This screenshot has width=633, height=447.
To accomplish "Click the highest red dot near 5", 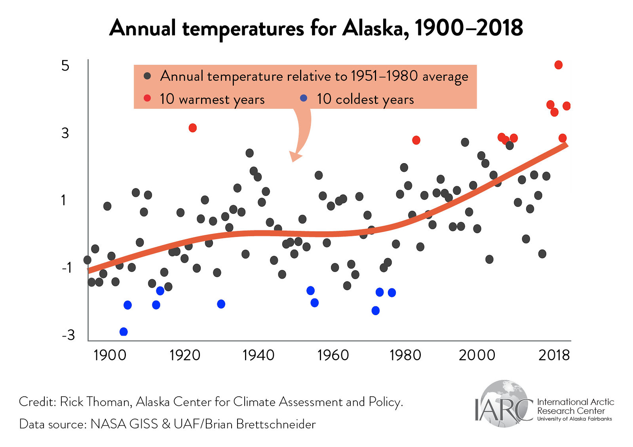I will (558, 65).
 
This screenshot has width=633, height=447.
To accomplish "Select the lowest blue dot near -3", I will (124, 332).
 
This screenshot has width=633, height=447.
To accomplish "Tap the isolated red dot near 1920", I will (193, 128).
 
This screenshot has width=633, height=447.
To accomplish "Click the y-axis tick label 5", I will (65, 66).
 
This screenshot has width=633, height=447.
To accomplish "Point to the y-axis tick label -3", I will (68, 335).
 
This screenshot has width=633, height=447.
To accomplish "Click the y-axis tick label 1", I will (64, 200).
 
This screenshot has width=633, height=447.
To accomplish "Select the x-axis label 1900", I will (110, 355).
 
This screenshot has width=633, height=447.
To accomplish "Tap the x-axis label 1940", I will (259, 355).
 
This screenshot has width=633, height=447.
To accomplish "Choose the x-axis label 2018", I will (554, 355).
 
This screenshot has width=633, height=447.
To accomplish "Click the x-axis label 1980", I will (405, 355).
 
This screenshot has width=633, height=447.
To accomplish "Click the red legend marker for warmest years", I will (147, 98).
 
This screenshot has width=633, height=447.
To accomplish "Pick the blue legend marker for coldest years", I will (304, 98).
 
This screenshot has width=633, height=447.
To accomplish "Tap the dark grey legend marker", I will (147, 76).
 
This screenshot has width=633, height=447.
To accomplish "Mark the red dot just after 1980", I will (416, 140).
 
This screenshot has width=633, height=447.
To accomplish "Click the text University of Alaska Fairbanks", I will (574, 419).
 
